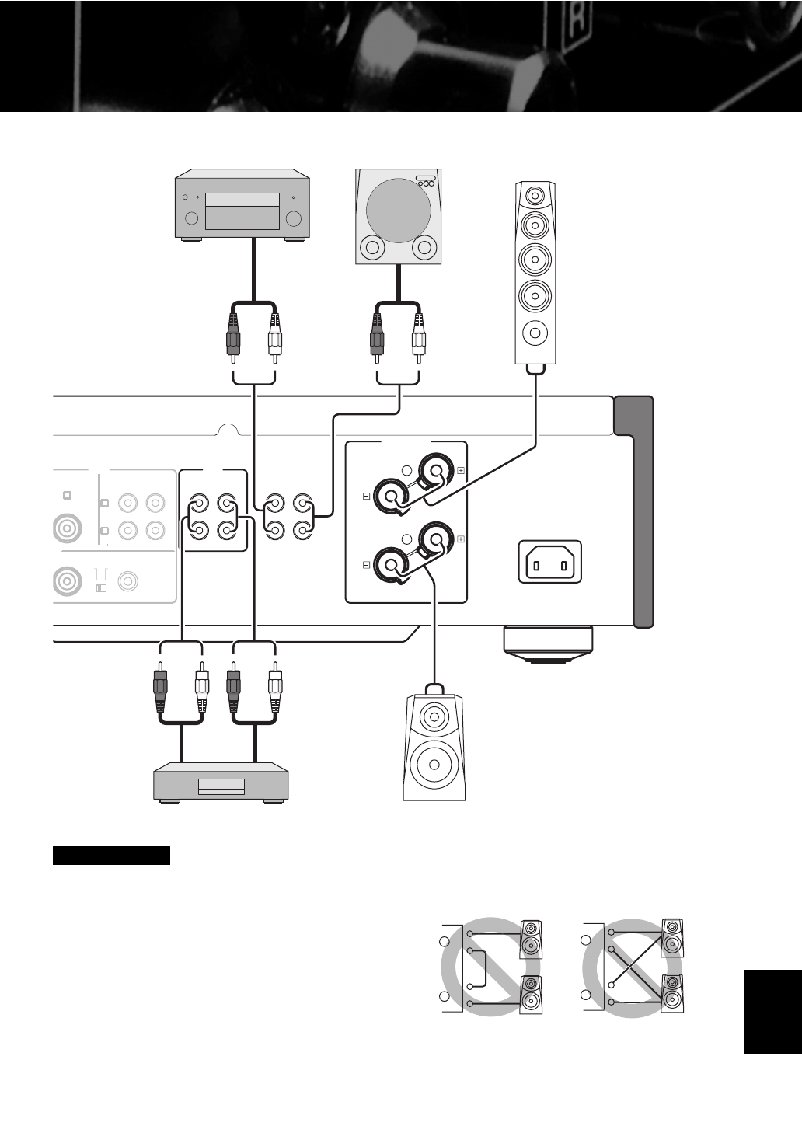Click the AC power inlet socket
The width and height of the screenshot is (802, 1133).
(x=549, y=561)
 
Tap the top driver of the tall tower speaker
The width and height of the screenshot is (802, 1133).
(x=535, y=195)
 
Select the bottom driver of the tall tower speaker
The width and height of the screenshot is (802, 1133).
(x=535, y=333)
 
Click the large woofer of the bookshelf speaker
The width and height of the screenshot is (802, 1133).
(x=434, y=764)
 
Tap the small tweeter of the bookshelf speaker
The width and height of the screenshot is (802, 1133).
(x=434, y=716)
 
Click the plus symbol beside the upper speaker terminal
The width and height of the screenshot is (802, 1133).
(x=461, y=470)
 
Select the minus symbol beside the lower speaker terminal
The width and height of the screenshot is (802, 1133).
(x=366, y=565)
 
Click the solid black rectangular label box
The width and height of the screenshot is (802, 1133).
(x=111, y=856)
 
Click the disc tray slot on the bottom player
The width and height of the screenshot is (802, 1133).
(x=221, y=787)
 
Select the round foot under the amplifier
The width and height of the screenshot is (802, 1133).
(x=547, y=644)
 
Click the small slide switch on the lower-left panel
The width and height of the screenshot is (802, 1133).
(x=99, y=588)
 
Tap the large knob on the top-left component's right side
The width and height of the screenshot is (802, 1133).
(x=293, y=218)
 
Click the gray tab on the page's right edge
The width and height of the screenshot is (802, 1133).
(x=772, y=1011)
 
